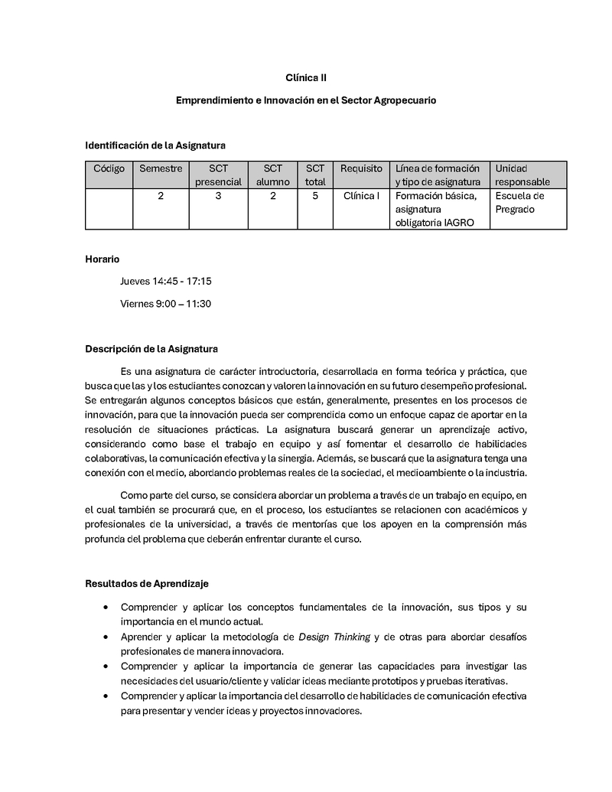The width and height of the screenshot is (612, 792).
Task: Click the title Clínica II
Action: [x=306, y=77]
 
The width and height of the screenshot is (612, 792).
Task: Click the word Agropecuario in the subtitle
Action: [x=405, y=100]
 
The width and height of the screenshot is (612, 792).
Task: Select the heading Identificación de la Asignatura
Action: [x=155, y=145]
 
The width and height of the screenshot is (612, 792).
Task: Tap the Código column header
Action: [x=109, y=168]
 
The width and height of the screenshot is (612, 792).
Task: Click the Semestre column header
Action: [x=161, y=168]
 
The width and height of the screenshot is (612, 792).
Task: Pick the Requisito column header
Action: [x=361, y=168]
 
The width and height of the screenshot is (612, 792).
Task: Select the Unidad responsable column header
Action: [x=522, y=175]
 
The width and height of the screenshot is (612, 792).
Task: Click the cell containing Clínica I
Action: [x=361, y=196]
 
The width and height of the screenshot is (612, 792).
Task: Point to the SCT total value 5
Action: [x=315, y=196]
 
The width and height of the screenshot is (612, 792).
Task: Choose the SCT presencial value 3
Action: [x=218, y=196]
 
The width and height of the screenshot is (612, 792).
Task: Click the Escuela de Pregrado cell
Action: [x=519, y=203]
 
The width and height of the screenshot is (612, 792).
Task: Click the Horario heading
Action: [x=102, y=259]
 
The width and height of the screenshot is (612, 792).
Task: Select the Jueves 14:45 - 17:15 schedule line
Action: [x=165, y=282]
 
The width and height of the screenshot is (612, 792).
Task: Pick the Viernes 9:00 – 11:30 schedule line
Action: [x=165, y=304]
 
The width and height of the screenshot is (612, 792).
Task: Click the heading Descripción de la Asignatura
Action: [x=151, y=349]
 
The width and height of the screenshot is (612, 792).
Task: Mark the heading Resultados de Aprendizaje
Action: [x=146, y=584]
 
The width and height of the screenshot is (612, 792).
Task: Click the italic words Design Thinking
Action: [x=334, y=637]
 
